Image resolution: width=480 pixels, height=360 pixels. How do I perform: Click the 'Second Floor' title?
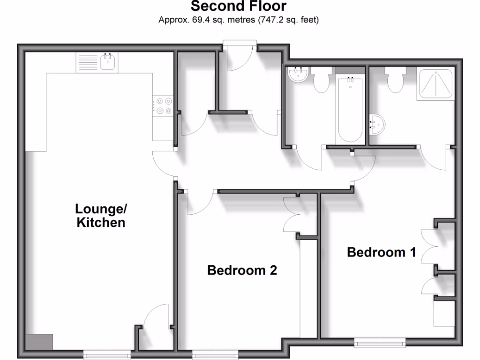[x=239, y=7]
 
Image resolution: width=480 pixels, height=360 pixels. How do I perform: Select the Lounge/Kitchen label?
[x=101, y=215]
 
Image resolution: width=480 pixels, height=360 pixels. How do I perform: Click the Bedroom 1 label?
[x=381, y=252]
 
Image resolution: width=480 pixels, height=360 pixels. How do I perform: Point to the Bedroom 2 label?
[x=242, y=270]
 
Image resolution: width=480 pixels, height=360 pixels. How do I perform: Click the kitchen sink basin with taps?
[x=108, y=62]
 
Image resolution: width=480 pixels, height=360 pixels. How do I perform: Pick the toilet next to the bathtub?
[x=321, y=80]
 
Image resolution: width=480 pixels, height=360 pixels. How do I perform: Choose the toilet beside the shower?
[x=395, y=80]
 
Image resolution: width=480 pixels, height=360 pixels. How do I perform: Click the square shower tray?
[x=435, y=85]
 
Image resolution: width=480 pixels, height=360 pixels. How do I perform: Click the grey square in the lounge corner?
[x=39, y=341]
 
